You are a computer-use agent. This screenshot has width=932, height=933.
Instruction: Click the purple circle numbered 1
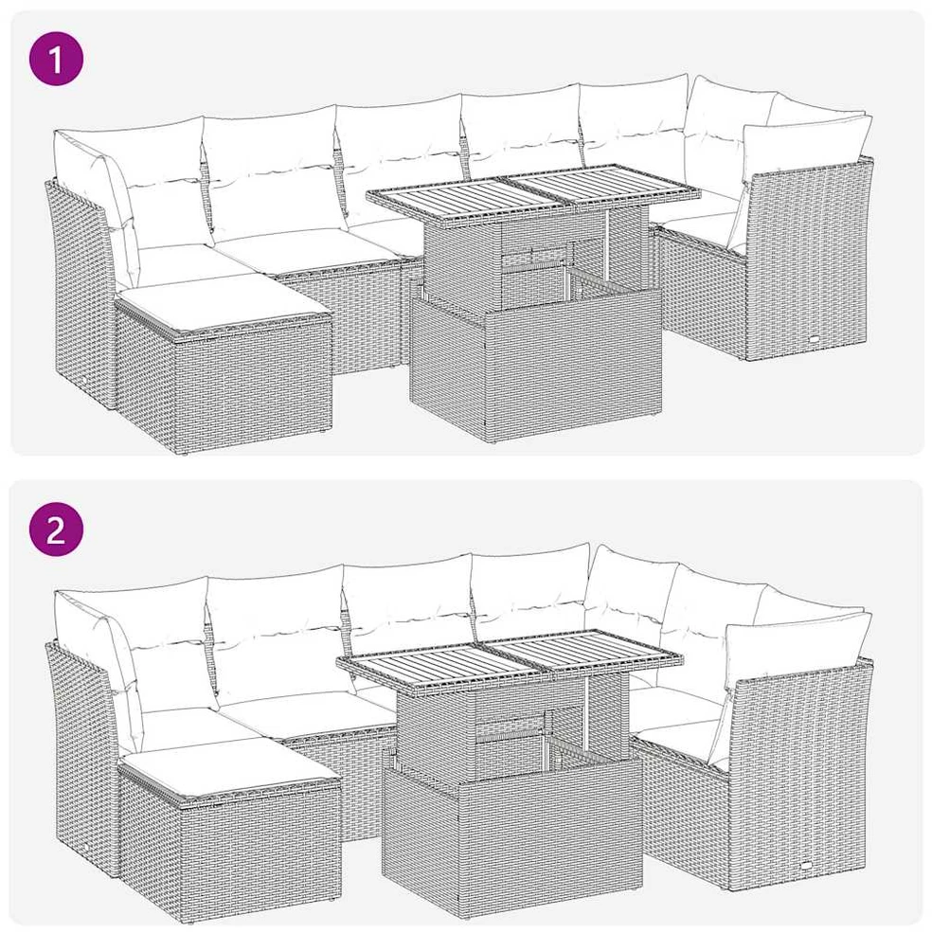point(56,60)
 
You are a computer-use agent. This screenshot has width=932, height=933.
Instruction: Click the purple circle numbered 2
point(56,529)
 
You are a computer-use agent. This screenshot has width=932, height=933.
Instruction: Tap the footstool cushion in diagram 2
point(228,770)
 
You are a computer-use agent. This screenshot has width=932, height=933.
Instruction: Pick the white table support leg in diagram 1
point(606,245)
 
